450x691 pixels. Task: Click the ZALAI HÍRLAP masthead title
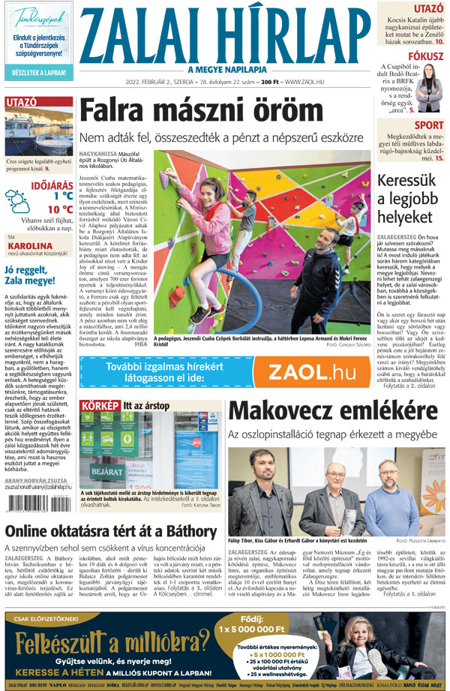[x=225, y=37]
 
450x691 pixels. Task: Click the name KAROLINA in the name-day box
[x=29, y=245]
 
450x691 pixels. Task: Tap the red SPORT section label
[x=429, y=125]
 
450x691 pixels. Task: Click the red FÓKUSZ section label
[x=423, y=56]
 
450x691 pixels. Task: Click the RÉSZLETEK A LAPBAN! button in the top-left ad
[x=39, y=73]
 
